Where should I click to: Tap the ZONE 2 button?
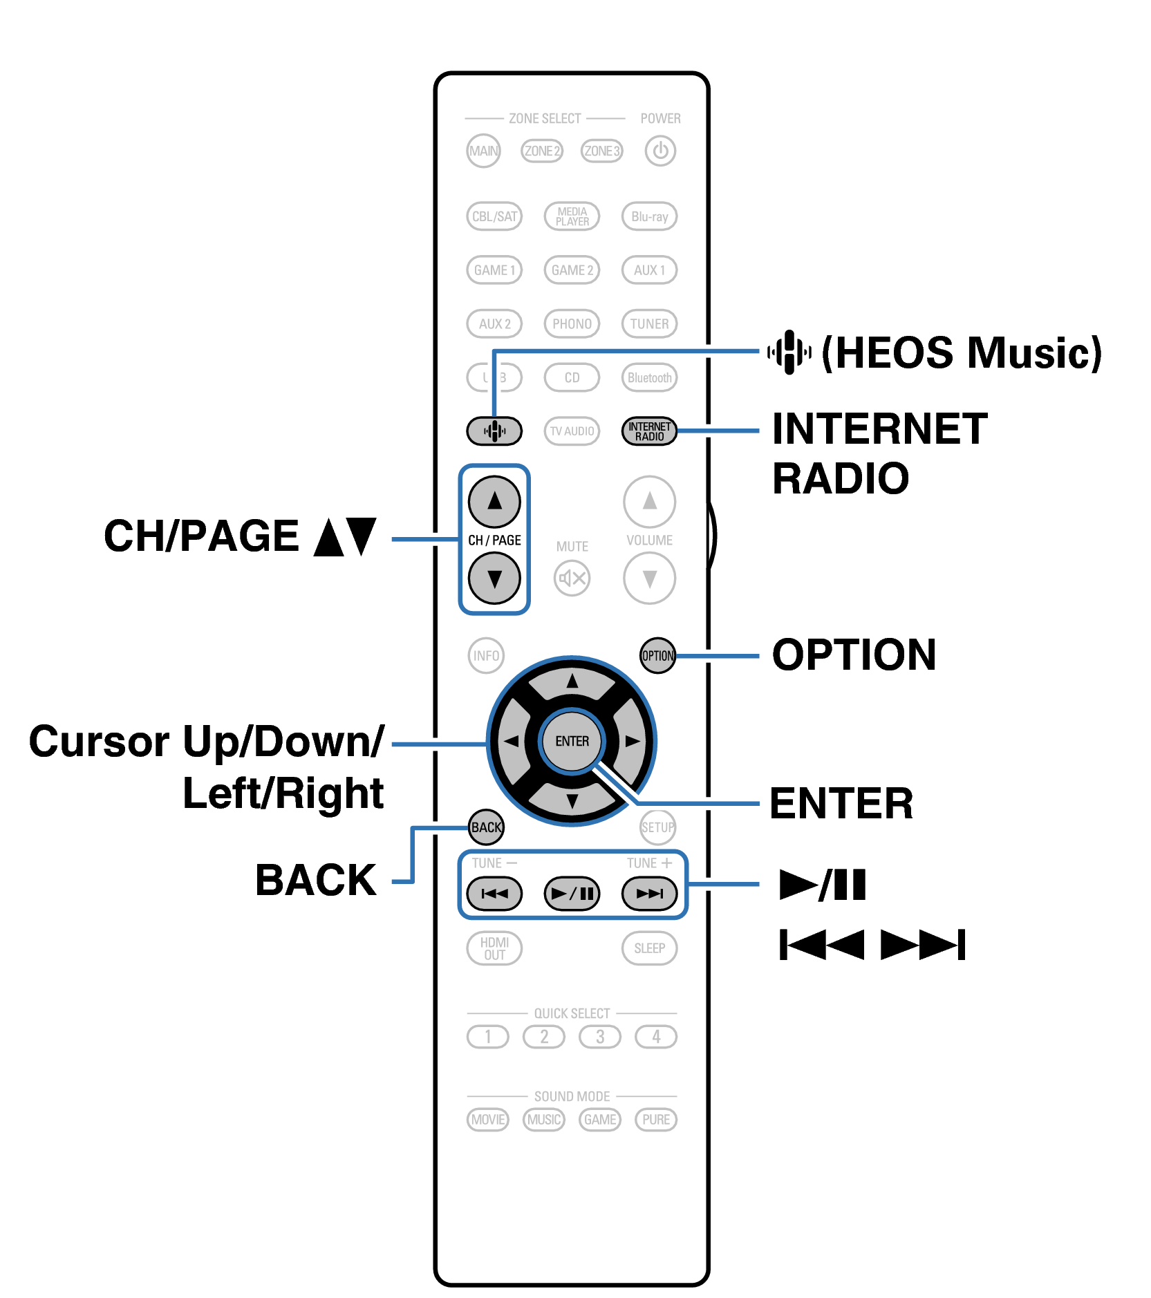point(542,151)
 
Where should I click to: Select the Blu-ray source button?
point(649,216)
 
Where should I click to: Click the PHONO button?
point(572,323)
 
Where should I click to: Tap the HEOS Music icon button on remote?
point(494,431)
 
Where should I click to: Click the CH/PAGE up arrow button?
point(494,501)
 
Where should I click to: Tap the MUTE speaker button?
point(572,578)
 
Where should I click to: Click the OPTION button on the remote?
point(657,655)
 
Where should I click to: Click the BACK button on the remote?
point(486,827)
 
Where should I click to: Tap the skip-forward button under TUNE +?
point(649,893)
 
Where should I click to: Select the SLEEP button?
point(649,948)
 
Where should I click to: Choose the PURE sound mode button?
point(655,1119)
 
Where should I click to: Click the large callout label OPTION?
point(854,655)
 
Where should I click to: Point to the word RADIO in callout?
point(840,478)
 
